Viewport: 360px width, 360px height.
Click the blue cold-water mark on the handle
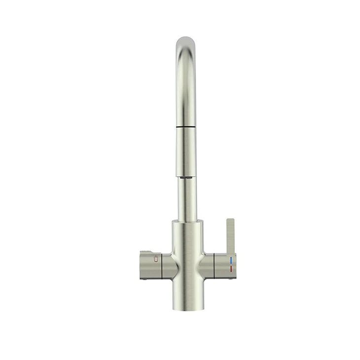coord(231,260)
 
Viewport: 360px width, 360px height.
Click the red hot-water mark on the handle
coord(231,268)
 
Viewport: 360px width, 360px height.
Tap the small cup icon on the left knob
coord(157,260)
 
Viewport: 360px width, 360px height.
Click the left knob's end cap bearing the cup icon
coord(150,265)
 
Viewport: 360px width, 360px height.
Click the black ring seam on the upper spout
coord(187,127)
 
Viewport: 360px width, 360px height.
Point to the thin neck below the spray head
coord(187,197)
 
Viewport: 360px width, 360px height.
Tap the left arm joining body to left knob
coord(169,266)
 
